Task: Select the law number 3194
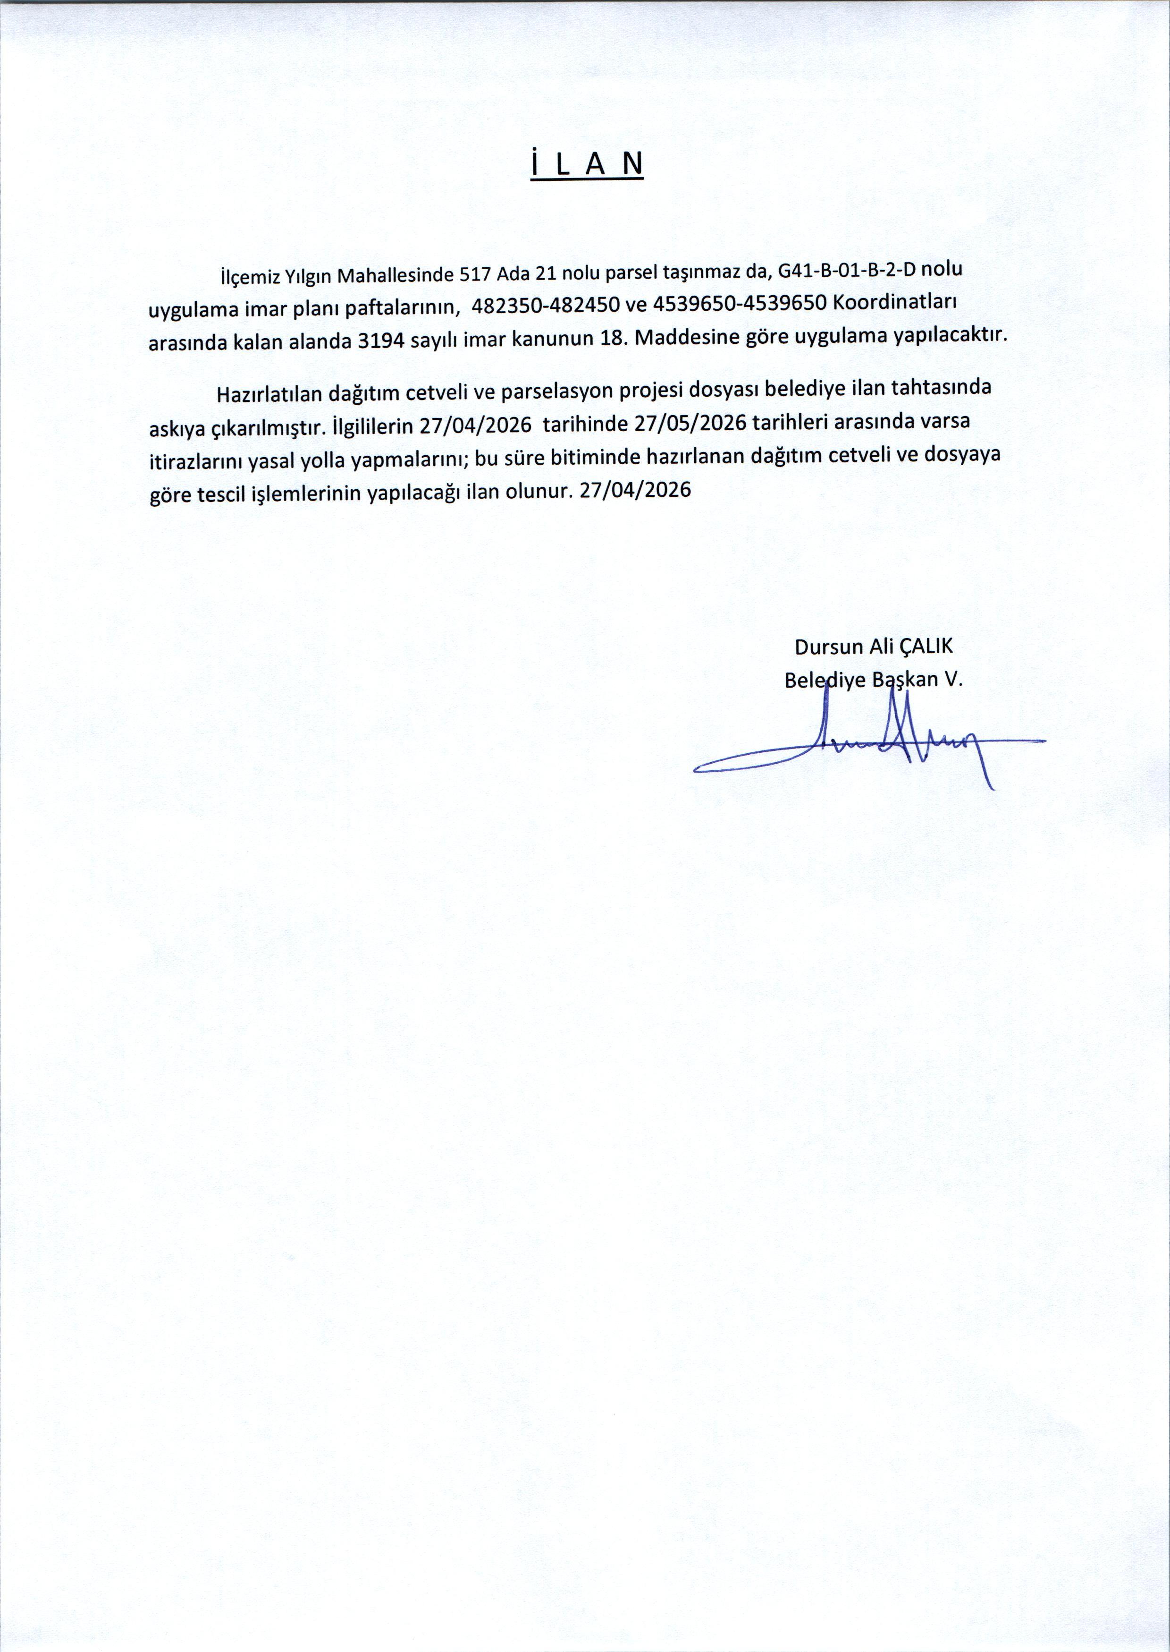375,340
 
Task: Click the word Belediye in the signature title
825,681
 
